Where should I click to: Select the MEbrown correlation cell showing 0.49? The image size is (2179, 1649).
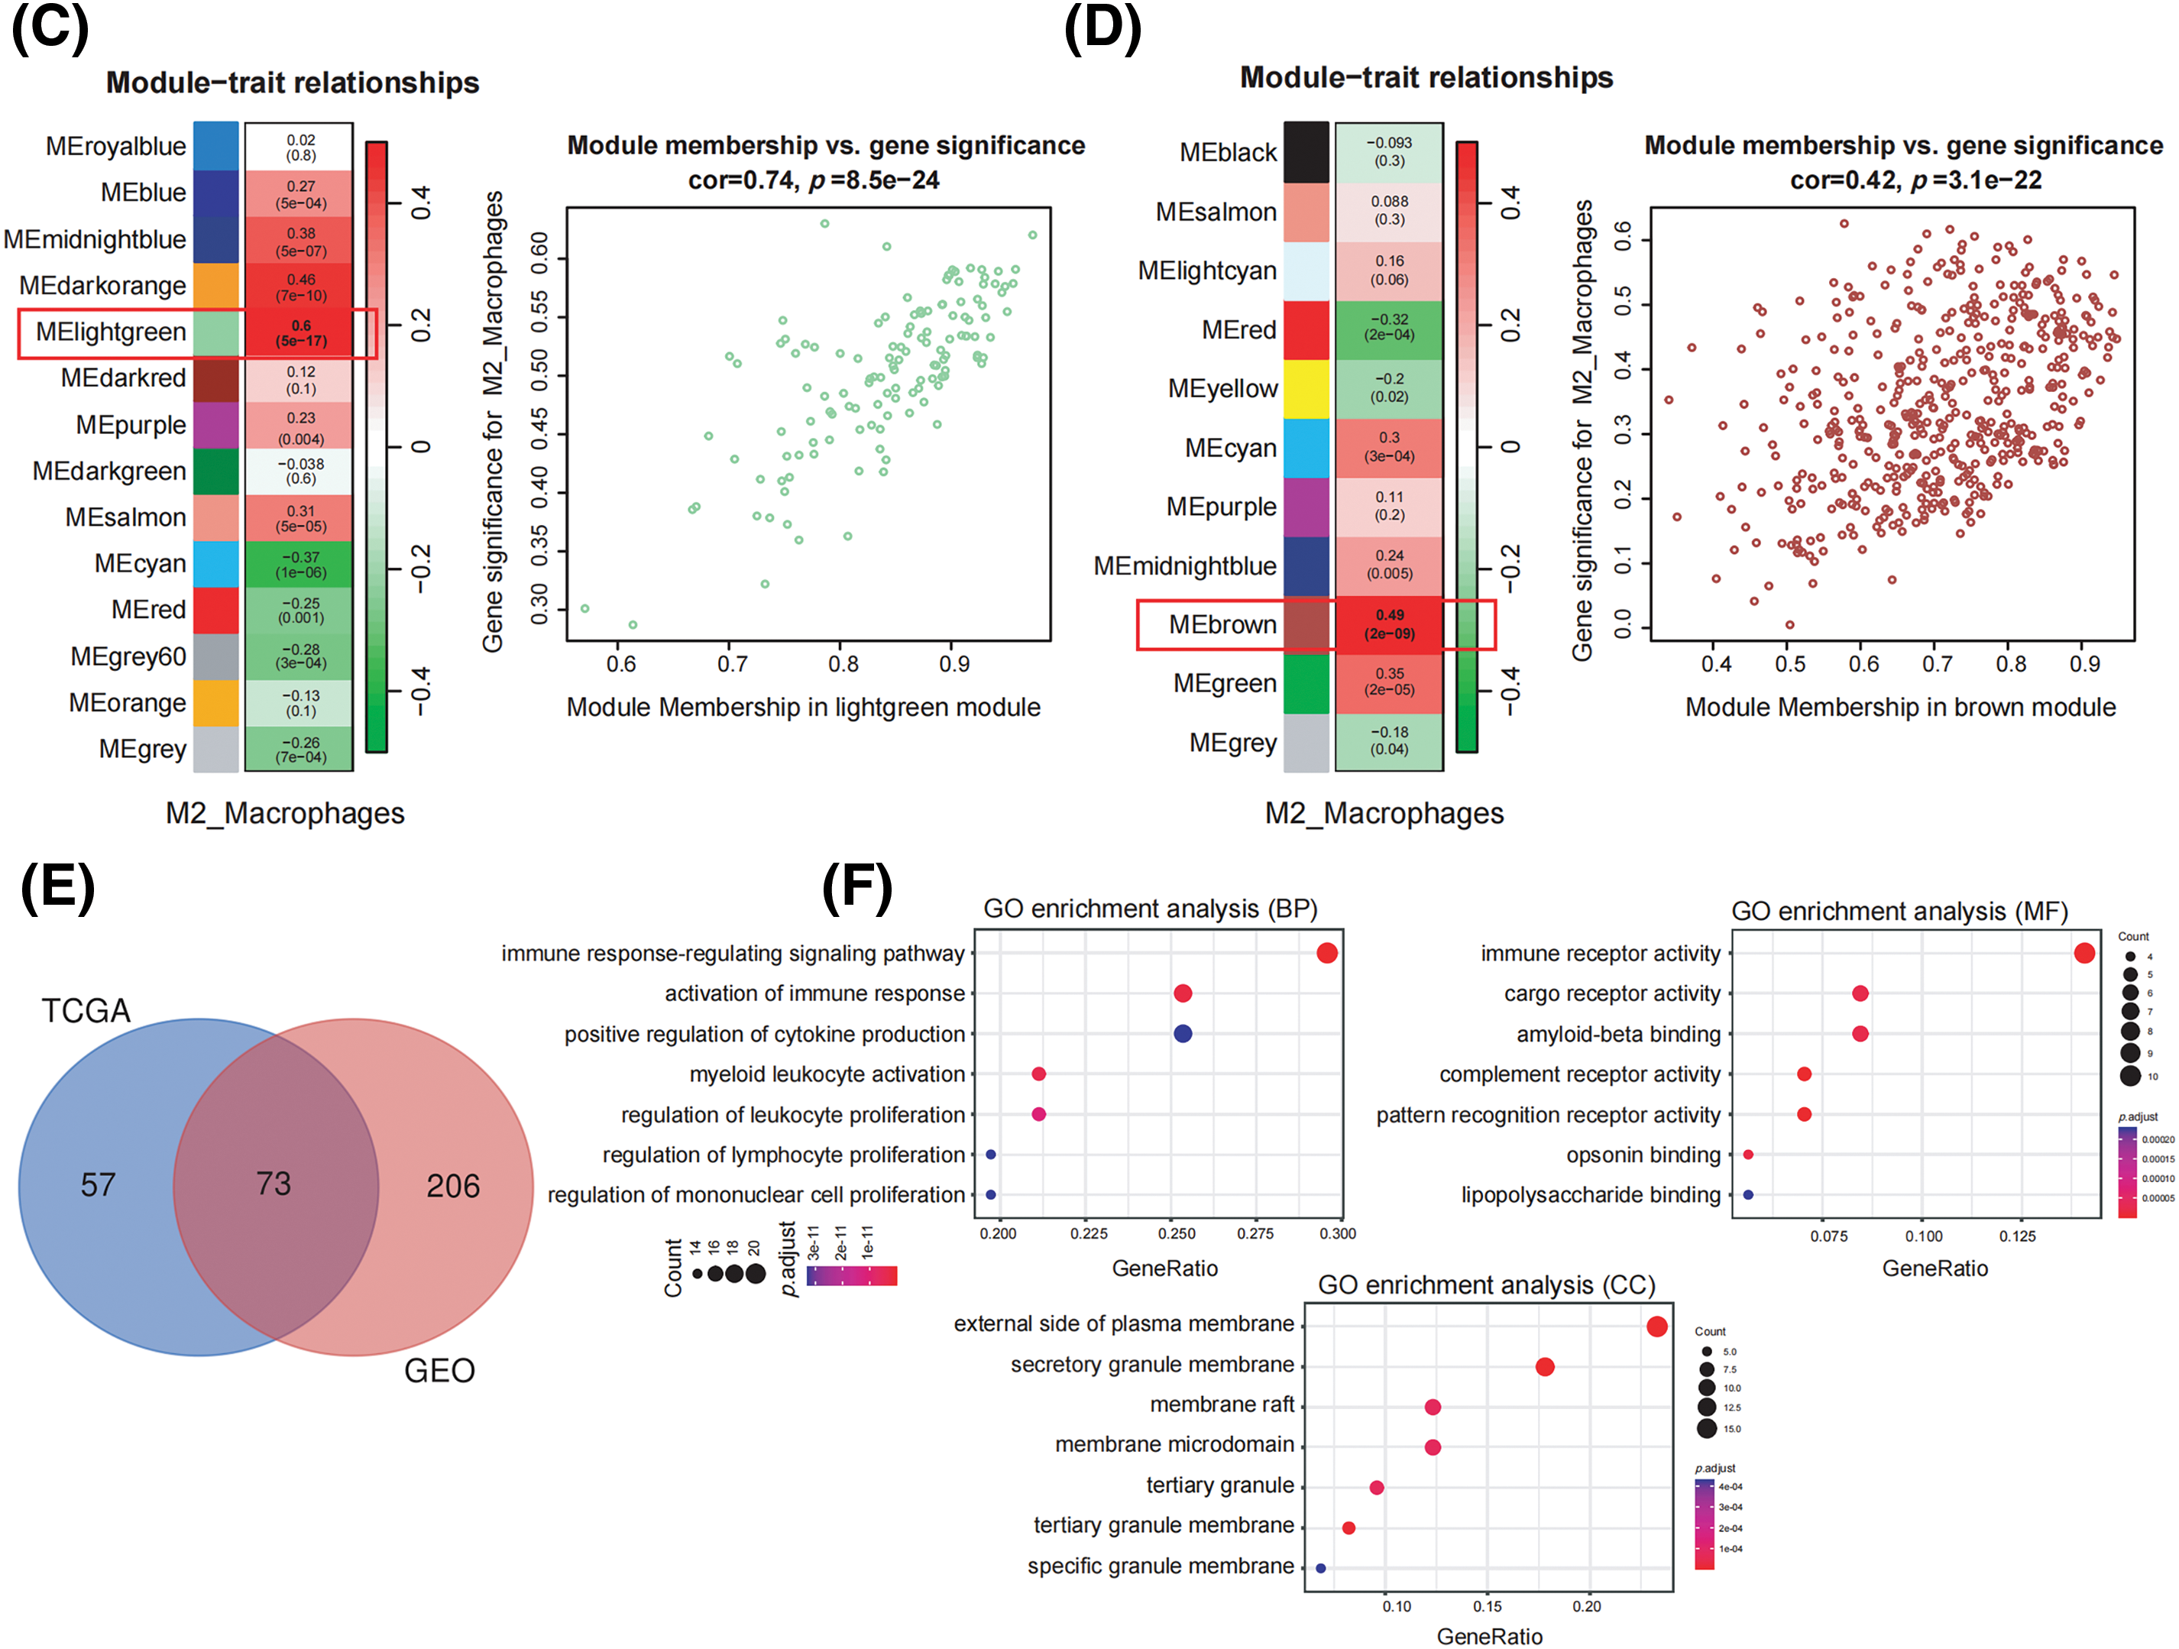coord(1389,624)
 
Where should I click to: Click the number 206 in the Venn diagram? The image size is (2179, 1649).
coord(453,1186)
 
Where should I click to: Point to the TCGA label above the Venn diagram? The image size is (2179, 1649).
coord(86,1011)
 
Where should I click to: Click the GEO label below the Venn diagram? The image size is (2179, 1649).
coord(439,1370)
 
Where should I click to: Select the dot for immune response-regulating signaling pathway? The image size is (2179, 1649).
coord(1327,953)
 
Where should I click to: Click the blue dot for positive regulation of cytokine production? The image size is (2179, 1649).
coord(1183,1033)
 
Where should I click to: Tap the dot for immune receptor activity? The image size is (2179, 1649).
coord(2084,953)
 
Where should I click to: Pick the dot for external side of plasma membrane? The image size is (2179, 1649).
coord(1657,1326)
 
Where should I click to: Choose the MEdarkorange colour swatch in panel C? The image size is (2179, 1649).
coord(215,286)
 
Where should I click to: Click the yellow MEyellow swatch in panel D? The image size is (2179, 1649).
coord(1306,389)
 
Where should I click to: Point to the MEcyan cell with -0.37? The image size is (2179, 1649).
coord(299,565)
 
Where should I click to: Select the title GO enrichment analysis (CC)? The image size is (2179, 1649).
coord(1487,1285)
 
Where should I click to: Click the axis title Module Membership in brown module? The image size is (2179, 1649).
coord(1900,708)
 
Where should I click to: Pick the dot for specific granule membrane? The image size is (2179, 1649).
coord(1321,1567)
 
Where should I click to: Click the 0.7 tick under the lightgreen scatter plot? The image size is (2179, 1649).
coord(732,665)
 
